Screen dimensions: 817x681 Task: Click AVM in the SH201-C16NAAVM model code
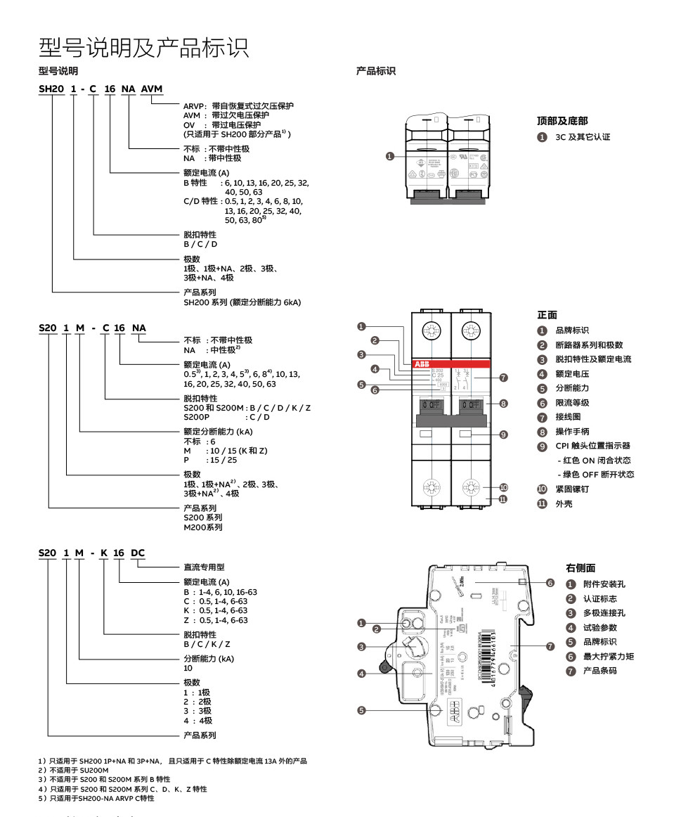pyautogui.click(x=152, y=89)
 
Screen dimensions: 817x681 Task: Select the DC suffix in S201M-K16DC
pyautogui.click(x=138, y=553)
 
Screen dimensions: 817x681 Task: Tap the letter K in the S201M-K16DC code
pyautogui.click(x=104, y=553)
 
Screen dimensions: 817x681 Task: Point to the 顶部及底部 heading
pyautogui.click(x=562, y=121)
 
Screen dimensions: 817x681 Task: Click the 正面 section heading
pyautogui.click(x=547, y=314)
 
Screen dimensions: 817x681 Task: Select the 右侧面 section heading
pyautogui.click(x=581, y=568)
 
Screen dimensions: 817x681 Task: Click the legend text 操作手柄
pyautogui.click(x=572, y=431)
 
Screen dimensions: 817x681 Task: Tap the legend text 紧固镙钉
pyautogui.click(x=572, y=489)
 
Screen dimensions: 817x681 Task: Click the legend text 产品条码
pyautogui.click(x=599, y=671)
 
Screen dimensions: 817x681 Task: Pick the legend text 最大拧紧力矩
pyautogui.click(x=609, y=656)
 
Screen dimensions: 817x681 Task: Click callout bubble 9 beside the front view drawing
pyautogui.click(x=503, y=435)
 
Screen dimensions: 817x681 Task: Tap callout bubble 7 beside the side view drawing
pyautogui.click(x=550, y=645)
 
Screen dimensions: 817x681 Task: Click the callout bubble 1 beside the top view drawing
pyautogui.click(x=390, y=156)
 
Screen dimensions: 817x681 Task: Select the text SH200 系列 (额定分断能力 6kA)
pyautogui.click(x=242, y=302)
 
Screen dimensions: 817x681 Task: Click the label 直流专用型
pyautogui.click(x=204, y=567)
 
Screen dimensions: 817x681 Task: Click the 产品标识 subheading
pyautogui.click(x=376, y=71)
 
